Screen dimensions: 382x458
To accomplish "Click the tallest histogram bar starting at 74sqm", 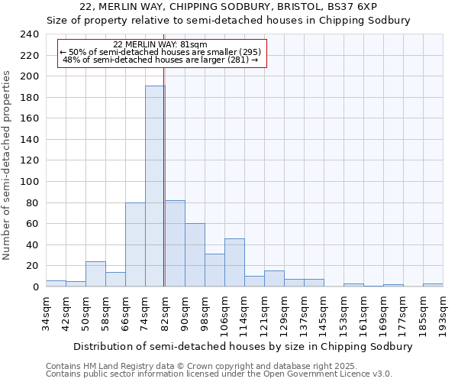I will click(155, 186).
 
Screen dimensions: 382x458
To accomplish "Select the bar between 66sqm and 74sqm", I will click(135, 244).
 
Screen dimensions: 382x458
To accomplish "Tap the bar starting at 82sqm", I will click(175, 244).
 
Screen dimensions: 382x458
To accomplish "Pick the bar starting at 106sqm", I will click(234, 263).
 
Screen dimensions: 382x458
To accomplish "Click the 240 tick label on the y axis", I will click(30, 34).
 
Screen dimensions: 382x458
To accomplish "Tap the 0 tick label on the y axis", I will click(35, 286).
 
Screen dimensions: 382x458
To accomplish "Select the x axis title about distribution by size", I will click(233, 346).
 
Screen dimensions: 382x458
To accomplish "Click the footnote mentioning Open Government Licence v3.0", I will click(218, 374).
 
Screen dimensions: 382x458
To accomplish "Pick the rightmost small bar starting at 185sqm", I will click(433, 285).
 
